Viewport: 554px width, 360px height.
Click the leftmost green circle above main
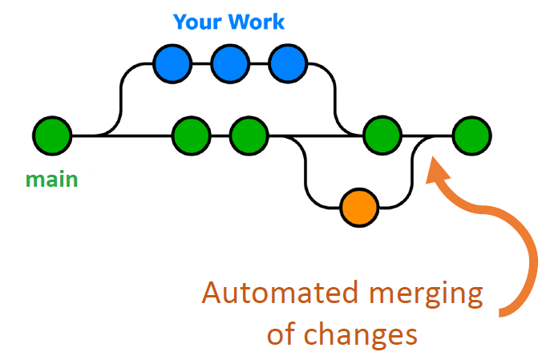[53, 136]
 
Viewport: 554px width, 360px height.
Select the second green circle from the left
[192, 136]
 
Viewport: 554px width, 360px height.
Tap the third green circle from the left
[249, 136]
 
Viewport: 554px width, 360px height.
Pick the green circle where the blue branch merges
[382, 136]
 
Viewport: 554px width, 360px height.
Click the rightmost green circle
[471, 136]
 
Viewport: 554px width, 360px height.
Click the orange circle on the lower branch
[358, 208]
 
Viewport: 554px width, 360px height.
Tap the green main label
[51, 179]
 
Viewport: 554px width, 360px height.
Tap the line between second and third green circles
[220, 136]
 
